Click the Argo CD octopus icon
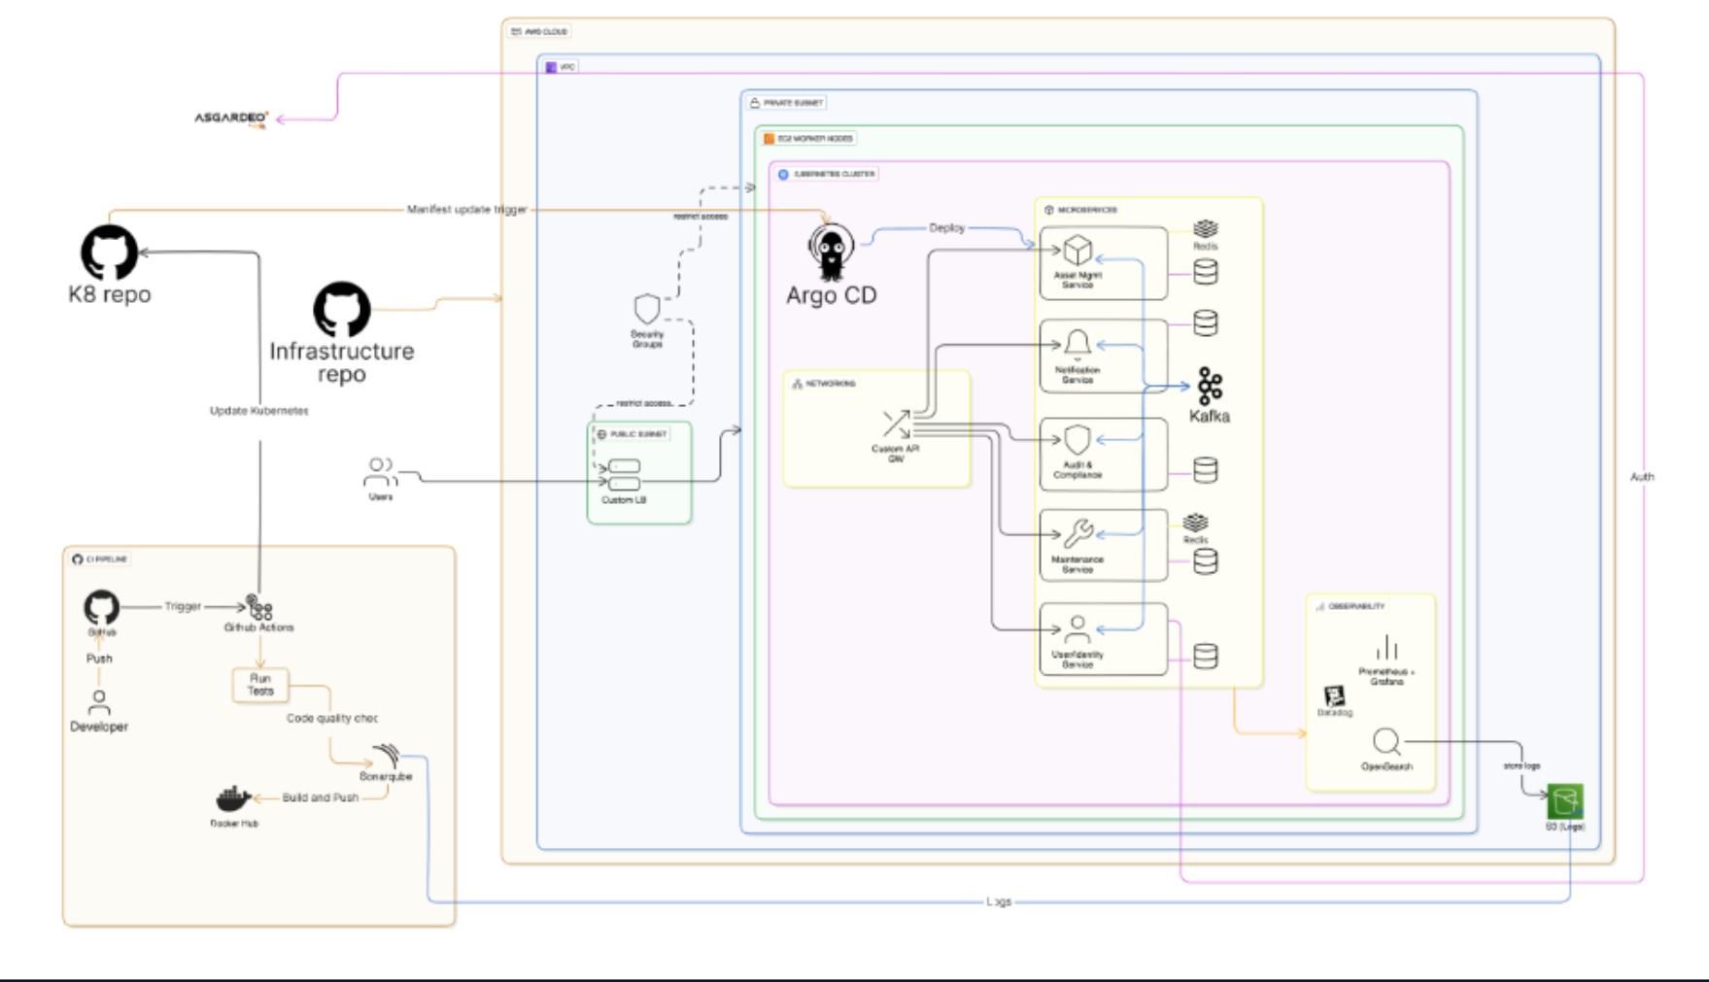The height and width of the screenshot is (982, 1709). [831, 252]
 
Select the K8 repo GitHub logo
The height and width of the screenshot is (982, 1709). [109, 253]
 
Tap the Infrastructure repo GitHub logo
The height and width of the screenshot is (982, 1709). [341, 310]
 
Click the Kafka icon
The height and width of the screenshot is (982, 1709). [1209, 386]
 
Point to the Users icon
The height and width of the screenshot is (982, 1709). [380, 472]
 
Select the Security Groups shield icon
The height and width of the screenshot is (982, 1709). [647, 310]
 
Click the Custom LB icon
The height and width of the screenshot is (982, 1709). [624, 475]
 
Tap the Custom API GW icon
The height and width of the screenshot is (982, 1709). [896, 423]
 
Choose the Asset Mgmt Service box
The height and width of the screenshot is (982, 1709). [1103, 262]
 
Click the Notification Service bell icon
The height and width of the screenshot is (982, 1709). [1077, 344]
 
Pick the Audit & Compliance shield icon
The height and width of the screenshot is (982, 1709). [1077, 440]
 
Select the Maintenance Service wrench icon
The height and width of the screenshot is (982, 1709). [1077, 532]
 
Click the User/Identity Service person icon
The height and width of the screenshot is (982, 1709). [1077, 628]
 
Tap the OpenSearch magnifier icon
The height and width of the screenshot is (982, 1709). [1386, 743]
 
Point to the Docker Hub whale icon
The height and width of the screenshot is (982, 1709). [233, 799]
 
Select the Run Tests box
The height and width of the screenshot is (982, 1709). [260, 685]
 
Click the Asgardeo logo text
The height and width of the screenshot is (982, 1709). [231, 119]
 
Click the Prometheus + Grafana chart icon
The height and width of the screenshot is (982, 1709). [1386, 648]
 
